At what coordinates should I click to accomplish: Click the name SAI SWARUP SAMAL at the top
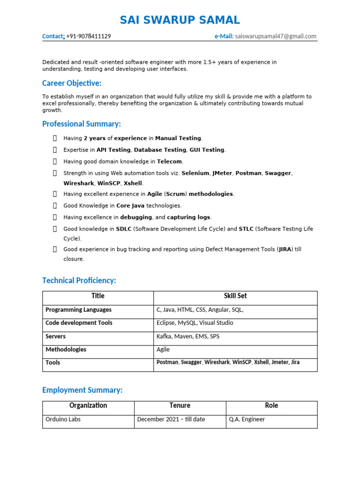pyautogui.click(x=180, y=20)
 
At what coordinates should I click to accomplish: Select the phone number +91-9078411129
pyautogui.click(x=89, y=36)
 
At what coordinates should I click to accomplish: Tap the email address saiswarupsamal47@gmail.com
pyautogui.click(x=276, y=36)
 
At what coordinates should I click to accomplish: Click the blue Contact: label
pyautogui.click(x=53, y=36)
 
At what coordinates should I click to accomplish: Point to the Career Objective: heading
pyautogui.click(x=72, y=83)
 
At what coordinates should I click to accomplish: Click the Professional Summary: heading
pyautogui.click(x=82, y=124)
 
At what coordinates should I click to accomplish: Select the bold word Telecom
pyautogui.click(x=169, y=161)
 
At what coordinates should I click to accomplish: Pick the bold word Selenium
pyautogui.click(x=195, y=173)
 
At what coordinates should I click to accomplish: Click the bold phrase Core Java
pyautogui.click(x=130, y=205)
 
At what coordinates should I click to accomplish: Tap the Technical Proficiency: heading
pyautogui.click(x=79, y=280)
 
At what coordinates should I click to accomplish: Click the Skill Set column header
pyautogui.click(x=235, y=296)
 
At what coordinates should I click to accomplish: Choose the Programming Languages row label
pyautogui.click(x=78, y=310)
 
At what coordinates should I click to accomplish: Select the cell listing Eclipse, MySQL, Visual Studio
pyautogui.click(x=195, y=323)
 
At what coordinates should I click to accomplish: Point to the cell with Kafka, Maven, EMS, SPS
pyautogui.click(x=187, y=336)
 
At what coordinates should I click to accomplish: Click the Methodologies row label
pyautogui.click(x=66, y=349)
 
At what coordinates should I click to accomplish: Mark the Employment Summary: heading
pyautogui.click(x=82, y=390)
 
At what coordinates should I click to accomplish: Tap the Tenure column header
pyautogui.click(x=180, y=405)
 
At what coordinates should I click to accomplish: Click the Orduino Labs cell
pyautogui.click(x=63, y=419)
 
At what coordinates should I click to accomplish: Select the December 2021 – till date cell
pyautogui.click(x=171, y=419)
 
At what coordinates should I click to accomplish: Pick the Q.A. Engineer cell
pyautogui.click(x=247, y=419)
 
